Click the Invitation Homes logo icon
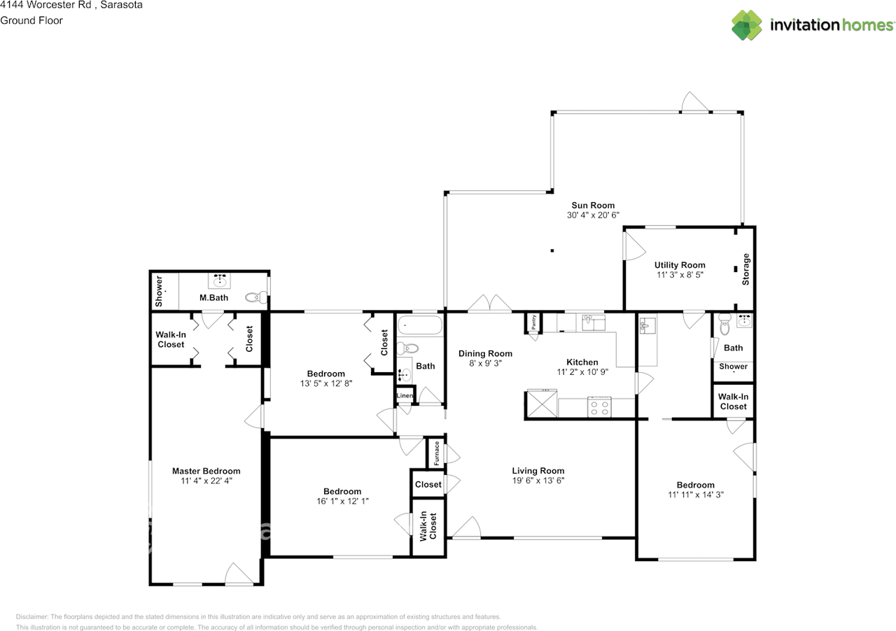[x=747, y=25]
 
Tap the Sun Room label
[x=593, y=205]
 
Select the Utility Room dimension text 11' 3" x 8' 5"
[x=679, y=276]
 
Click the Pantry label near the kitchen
[x=533, y=322]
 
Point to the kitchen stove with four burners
[x=600, y=406]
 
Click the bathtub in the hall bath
[x=419, y=326]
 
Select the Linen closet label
[x=405, y=396]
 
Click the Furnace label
[x=436, y=454]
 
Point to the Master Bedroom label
[x=206, y=471]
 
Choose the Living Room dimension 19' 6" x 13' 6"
[x=538, y=481]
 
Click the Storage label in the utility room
[x=745, y=269]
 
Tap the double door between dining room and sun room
[x=490, y=304]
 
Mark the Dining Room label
[x=485, y=353]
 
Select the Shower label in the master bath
[x=159, y=291]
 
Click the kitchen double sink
[x=593, y=322]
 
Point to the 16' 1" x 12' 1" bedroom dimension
[x=342, y=501]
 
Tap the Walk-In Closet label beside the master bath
[x=171, y=339]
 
